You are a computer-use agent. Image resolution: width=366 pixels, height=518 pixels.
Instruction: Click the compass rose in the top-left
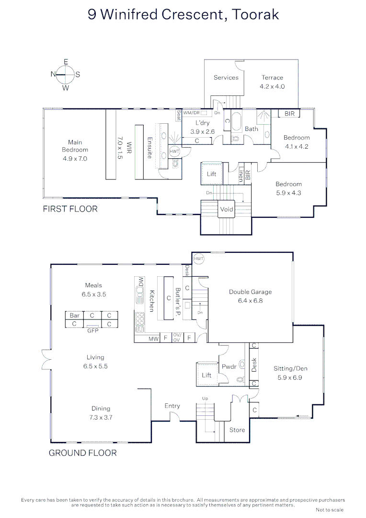click(66, 74)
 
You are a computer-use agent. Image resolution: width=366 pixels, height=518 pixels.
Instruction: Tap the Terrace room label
click(272, 77)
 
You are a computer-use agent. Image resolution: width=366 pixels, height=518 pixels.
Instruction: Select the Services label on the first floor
click(226, 77)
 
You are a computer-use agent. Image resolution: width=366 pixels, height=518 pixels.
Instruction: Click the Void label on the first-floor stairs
click(226, 209)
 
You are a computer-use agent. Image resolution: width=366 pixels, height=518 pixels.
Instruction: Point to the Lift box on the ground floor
click(206, 375)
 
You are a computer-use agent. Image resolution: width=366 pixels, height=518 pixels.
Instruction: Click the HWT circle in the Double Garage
click(199, 259)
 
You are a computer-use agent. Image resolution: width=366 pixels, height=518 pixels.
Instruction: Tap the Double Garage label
click(250, 292)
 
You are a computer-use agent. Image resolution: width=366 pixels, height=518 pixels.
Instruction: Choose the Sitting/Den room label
click(290, 368)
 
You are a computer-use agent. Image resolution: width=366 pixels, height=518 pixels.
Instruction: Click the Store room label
click(237, 430)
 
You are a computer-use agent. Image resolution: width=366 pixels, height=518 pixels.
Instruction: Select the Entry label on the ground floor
click(172, 406)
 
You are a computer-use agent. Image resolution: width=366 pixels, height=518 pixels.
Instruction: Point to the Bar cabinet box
click(75, 316)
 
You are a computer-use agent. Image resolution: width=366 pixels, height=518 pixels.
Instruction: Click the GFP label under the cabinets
click(92, 330)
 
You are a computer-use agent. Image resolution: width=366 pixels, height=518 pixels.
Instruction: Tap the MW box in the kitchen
click(153, 339)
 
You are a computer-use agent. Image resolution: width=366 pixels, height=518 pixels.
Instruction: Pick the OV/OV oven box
click(177, 338)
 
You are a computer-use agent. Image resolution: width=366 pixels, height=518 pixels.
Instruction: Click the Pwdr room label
click(229, 367)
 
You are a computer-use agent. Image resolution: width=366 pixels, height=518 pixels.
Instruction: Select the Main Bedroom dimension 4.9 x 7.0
click(75, 158)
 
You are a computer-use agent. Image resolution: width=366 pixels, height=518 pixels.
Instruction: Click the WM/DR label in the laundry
click(191, 113)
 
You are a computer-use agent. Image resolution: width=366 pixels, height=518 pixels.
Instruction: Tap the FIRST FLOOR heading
click(70, 209)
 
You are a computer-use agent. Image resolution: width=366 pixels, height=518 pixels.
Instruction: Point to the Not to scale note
click(330, 510)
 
